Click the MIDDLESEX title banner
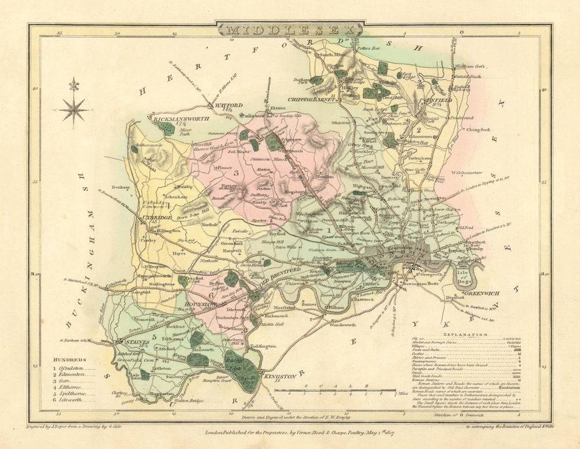290,29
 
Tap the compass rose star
74,108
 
